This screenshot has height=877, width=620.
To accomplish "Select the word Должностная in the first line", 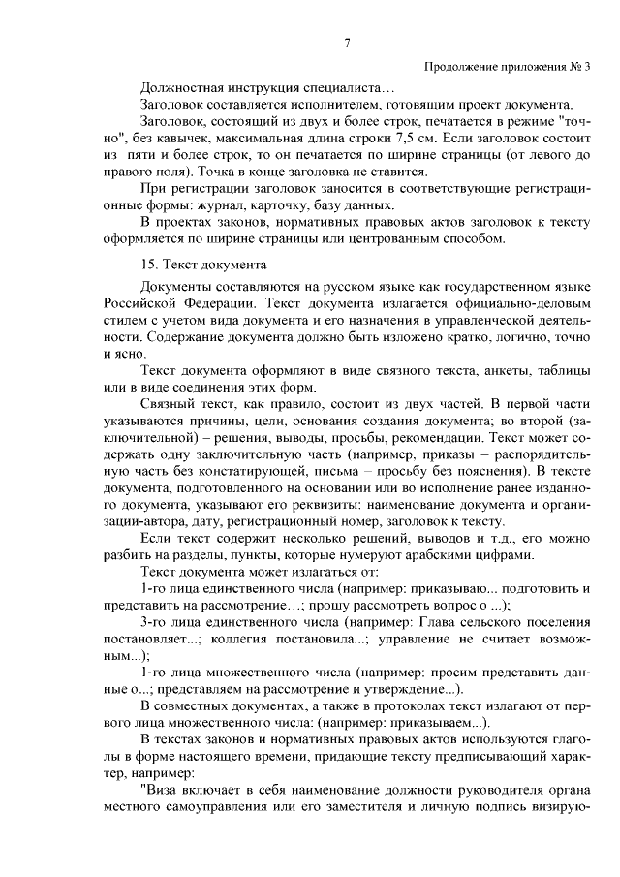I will click(181, 88).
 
